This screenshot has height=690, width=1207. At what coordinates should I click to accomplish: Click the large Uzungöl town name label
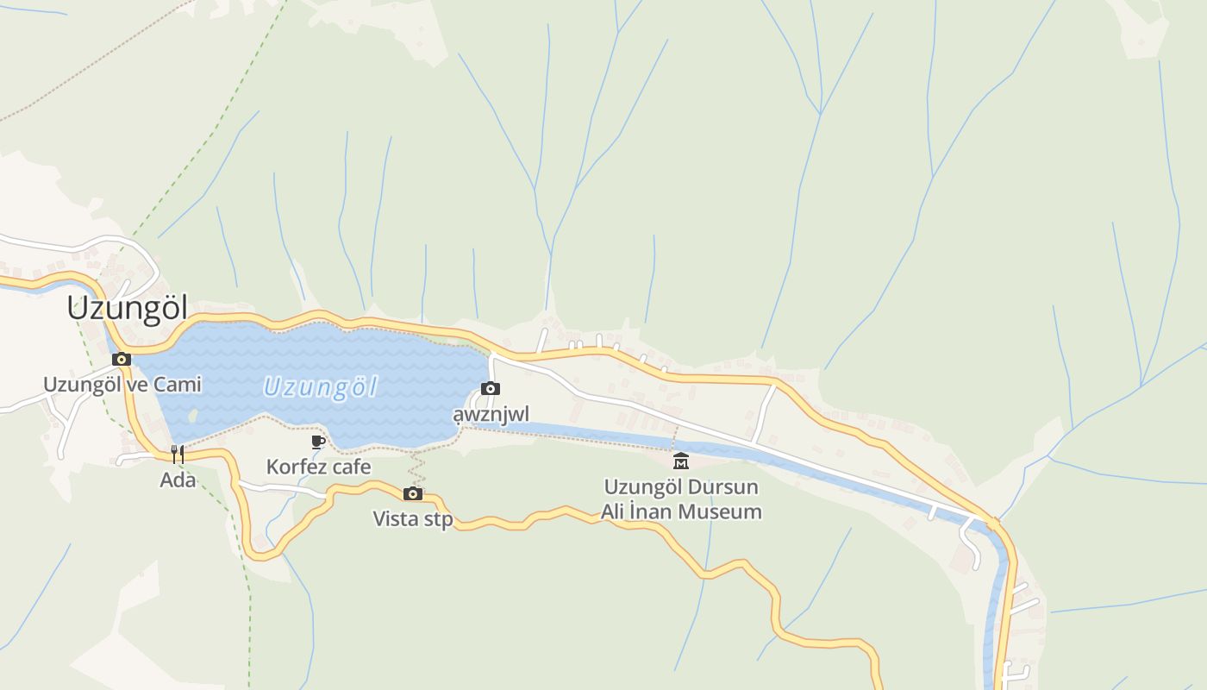pos(128,308)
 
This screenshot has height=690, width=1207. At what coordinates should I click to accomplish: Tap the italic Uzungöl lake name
pos(320,387)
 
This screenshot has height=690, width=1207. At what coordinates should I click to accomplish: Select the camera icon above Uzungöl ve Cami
pos(122,359)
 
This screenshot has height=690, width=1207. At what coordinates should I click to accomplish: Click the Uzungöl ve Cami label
pos(122,384)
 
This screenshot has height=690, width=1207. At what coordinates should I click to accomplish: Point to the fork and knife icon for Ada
pos(178,454)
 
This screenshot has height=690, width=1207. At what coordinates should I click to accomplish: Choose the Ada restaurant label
pos(178,480)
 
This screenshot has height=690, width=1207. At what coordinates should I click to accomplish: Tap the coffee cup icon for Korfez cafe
pos(318,442)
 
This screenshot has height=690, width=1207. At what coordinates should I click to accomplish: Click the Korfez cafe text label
pos(318,467)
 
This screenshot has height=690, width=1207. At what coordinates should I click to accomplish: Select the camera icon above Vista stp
pos(413,493)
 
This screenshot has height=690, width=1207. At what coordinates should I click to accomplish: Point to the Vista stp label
pos(413,519)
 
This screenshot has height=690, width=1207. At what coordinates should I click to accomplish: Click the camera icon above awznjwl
pos(491,389)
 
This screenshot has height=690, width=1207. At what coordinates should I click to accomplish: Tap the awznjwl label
pos(491,414)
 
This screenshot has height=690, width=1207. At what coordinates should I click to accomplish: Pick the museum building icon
pos(681,461)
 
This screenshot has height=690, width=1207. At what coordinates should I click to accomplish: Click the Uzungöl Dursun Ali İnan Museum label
pos(681,499)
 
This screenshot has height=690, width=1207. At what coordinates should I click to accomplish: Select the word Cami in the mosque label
pos(178,384)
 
